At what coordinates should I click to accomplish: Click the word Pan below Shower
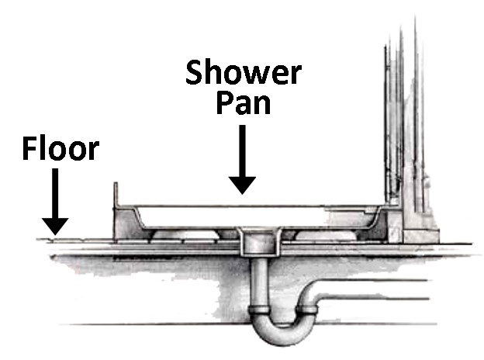243,102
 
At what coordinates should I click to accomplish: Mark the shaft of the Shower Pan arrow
243,151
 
